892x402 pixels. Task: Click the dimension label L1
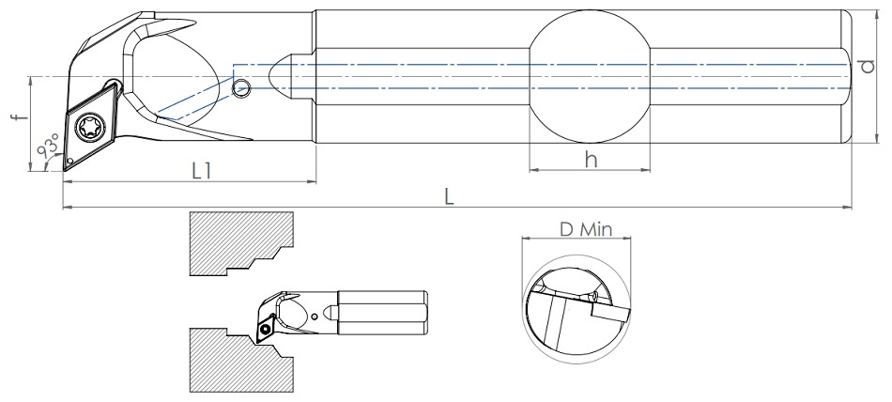tap(201, 172)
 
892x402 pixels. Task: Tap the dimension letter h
tap(591, 160)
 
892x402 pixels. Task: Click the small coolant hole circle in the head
tap(242, 88)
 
